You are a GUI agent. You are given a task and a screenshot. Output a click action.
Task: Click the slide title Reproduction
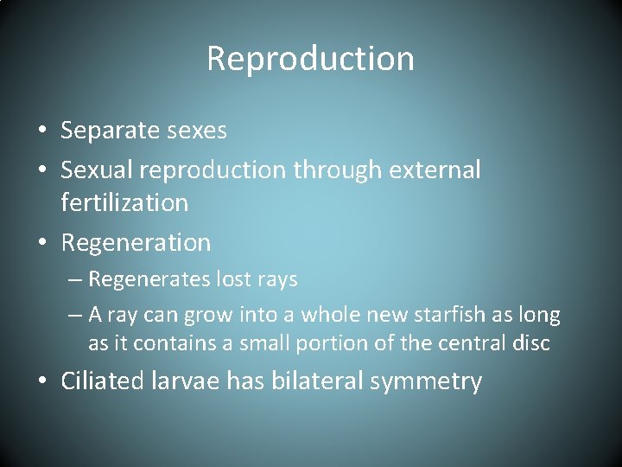tap(311, 59)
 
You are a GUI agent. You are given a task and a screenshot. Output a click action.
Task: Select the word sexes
tap(197, 131)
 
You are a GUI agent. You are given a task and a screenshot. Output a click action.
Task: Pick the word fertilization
tap(124, 203)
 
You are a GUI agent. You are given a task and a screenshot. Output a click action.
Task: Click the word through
tap(333, 170)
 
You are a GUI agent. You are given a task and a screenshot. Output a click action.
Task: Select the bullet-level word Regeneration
tap(136, 243)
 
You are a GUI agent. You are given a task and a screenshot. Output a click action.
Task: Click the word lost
tap(228, 280)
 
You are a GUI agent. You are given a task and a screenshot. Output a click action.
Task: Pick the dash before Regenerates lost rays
tap(74, 280)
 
